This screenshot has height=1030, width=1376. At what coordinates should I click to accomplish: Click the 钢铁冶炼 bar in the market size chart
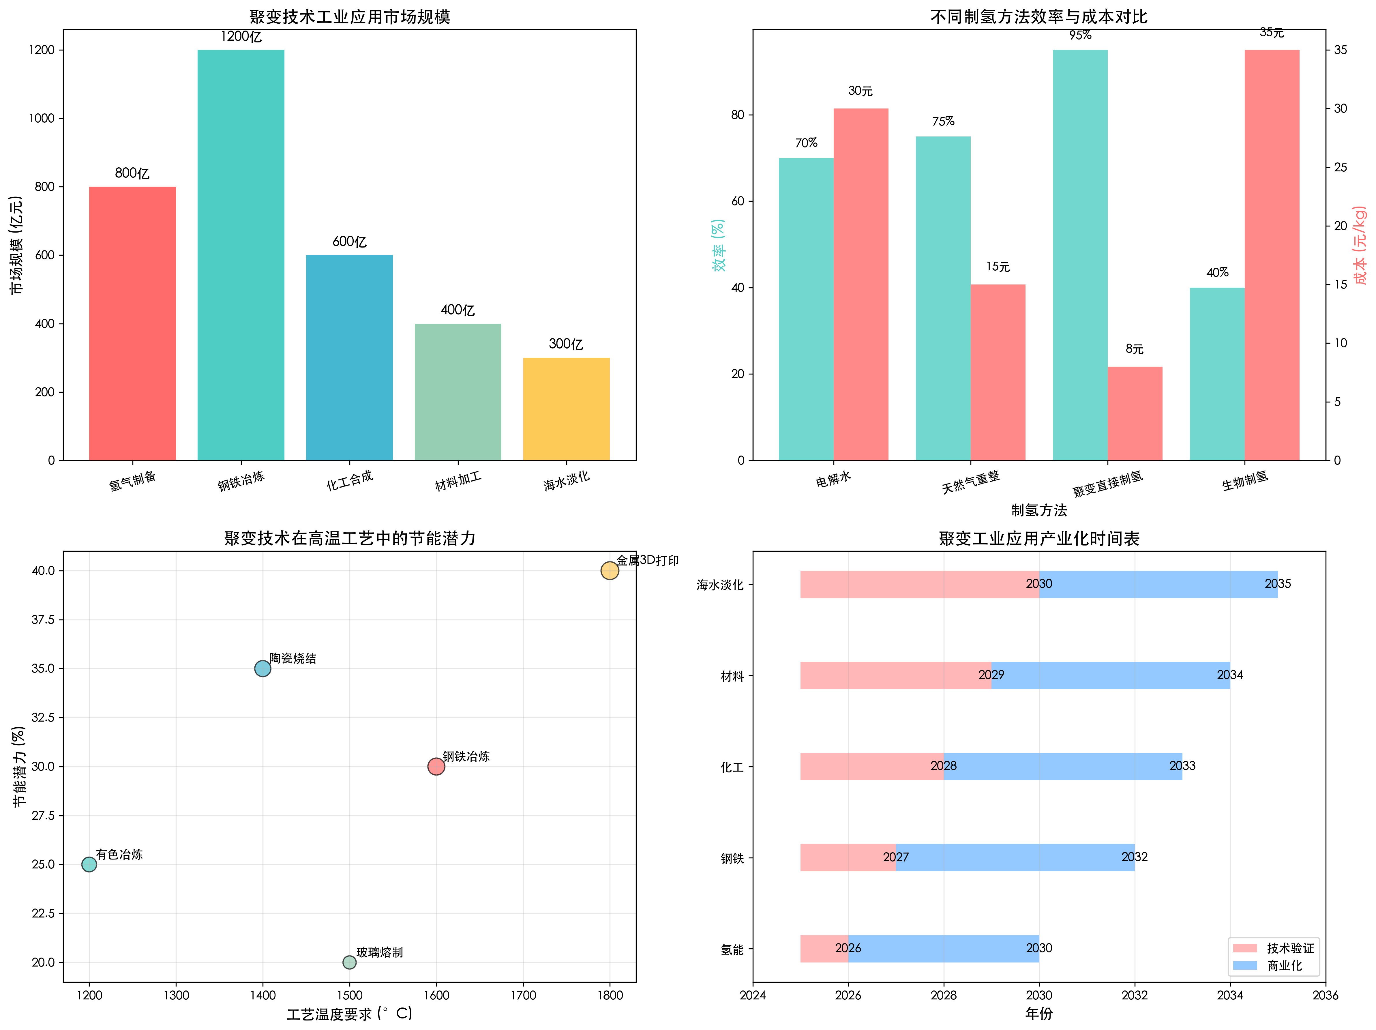pyautogui.click(x=241, y=255)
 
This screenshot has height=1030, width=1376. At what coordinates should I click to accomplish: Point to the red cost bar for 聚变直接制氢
pyautogui.click(x=1135, y=414)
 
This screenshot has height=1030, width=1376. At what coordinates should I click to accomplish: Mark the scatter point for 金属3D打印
pyautogui.click(x=610, y=570)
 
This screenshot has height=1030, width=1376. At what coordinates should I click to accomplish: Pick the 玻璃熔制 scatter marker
pyautogui.click(x=350, y=962)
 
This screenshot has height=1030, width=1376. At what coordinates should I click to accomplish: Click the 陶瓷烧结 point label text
pyautogui.click(x=293, y=658)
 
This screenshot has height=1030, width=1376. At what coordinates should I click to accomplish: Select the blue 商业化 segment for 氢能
pyautogui.click(x=943, y=949)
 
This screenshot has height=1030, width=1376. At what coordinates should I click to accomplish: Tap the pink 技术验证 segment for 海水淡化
pyautogui.click(x=919, y=584)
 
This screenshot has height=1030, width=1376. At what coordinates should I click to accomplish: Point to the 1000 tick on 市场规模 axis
pyautogui.click(x=42, y=118)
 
